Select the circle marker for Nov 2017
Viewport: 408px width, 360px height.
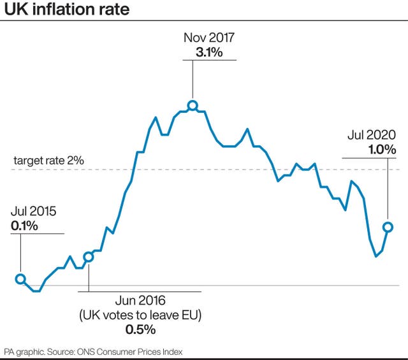(x=192, y=106)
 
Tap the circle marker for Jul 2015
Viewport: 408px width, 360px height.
(x=20, y=279)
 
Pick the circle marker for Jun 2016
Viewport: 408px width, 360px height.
(x=89, y=257)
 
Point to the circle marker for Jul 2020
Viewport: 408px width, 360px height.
(x=387, y=227)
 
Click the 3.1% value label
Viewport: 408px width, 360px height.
(x=209, y=52)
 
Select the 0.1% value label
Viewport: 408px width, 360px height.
(x=24, y=225)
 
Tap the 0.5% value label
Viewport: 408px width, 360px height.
(x=140, y=329)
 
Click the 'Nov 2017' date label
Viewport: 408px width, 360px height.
(x=209, y=37)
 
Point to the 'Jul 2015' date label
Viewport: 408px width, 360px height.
(x=33, y=211)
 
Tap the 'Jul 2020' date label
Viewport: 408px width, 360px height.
(x=372, y=134)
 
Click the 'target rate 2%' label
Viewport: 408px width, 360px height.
(x=48, y=161)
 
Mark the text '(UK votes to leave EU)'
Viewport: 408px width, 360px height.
(x=140, y=315)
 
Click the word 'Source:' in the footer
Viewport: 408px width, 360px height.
(x=65, y=352)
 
